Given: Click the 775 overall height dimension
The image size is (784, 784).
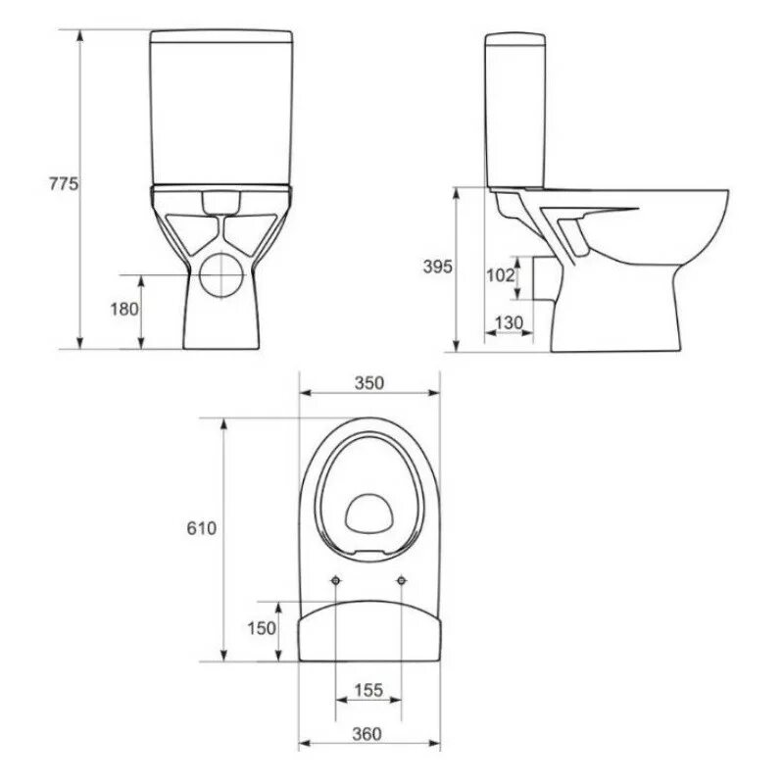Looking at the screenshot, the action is (x=64, y=184).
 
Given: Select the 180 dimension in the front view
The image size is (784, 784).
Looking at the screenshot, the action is (x=124, y=309).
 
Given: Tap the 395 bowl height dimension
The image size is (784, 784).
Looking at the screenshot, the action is (x=437, y=267).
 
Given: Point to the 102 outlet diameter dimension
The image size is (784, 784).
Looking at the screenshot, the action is (x=501, y=274).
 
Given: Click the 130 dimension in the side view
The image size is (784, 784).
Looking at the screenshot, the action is (x=509, y=322).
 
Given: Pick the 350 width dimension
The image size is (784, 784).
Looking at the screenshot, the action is (x=369, y=383).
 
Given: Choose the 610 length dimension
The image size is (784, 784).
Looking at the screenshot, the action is (x=202, y=528).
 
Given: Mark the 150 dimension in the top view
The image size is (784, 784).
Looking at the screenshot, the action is (x=262, y=628).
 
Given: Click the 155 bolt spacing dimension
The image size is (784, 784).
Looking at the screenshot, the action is (x=368, y=690).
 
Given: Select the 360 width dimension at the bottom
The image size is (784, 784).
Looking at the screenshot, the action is (x=367, y=734).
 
